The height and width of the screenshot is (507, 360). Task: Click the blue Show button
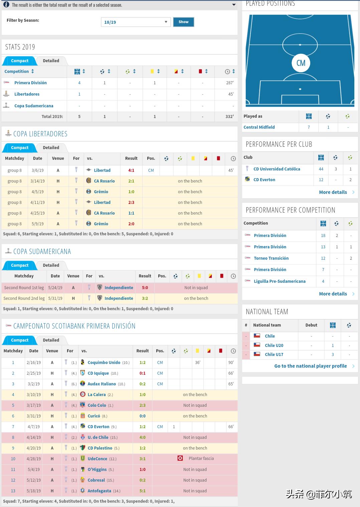183,22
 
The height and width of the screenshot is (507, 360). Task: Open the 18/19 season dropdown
136,22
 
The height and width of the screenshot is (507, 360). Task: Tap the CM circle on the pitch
301,63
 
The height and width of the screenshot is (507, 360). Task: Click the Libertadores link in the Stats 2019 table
27,94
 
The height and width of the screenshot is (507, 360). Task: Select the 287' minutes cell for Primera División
230,83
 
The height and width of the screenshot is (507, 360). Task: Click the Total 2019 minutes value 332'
229,117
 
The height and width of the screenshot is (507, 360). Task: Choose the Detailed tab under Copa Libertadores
51,148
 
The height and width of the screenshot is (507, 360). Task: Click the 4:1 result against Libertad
131,170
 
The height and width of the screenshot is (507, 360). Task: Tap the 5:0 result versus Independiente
145,288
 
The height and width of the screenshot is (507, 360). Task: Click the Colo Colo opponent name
97,405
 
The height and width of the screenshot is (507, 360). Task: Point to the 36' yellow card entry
198,363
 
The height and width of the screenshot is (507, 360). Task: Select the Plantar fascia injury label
201,459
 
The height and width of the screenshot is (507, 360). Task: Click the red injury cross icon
180,458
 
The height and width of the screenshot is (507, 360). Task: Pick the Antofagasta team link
99,491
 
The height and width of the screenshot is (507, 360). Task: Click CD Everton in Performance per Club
264,180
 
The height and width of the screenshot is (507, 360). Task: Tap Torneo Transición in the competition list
271,258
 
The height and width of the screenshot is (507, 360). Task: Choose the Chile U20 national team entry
274,346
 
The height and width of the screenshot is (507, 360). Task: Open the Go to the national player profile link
311,366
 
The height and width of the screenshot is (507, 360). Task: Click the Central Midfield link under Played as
259,127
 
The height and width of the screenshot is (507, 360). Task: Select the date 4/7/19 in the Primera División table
33,427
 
